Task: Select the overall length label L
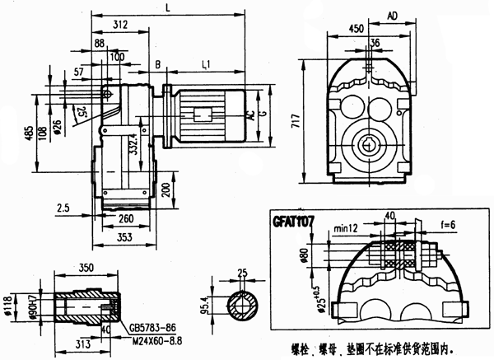168,7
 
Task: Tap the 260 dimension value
126,220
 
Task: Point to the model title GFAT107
296,221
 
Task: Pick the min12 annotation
346,227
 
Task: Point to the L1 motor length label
207,63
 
